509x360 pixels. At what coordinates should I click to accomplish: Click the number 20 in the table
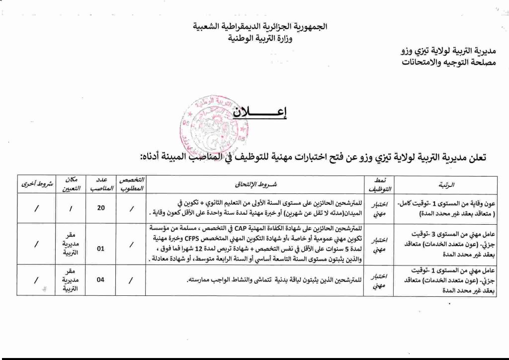tap(101, 208)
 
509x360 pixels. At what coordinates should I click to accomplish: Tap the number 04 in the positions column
tap(100, 279)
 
